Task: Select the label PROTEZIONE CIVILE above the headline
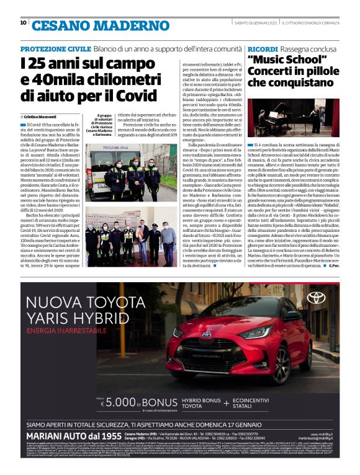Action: pos(55,48)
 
